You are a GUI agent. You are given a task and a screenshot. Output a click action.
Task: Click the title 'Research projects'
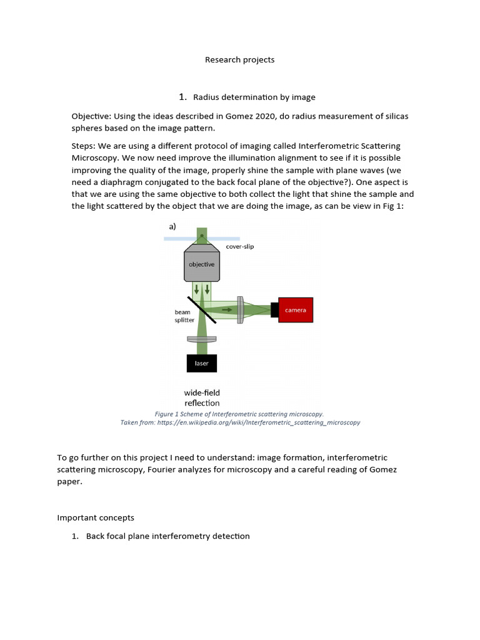tap(240, 60)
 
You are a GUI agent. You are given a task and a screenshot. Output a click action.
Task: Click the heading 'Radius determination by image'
tap(254, 97)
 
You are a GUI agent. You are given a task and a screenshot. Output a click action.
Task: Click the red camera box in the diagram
tap(295, 310)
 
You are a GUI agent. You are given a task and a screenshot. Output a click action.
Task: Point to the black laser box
tap(201, 363)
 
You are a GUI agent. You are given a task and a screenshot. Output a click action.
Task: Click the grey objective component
tap(201, 264)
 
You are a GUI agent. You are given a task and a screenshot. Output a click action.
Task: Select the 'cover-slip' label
tap(240, 247)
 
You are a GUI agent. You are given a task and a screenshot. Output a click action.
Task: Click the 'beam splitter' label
tap(184, 316)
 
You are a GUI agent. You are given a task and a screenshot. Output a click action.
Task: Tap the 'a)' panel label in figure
tap(172, 227)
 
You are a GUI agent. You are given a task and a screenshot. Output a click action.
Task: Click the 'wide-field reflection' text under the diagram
tap(201, 397)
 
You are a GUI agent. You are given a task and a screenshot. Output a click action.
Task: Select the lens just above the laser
tap(201, 339)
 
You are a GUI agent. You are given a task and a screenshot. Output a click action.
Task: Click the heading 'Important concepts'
tap(96, 517)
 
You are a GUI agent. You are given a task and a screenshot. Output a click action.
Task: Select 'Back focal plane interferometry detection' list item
tap(167, 536)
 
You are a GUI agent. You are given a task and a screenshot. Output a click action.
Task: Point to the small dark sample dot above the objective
tap(201, 236)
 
